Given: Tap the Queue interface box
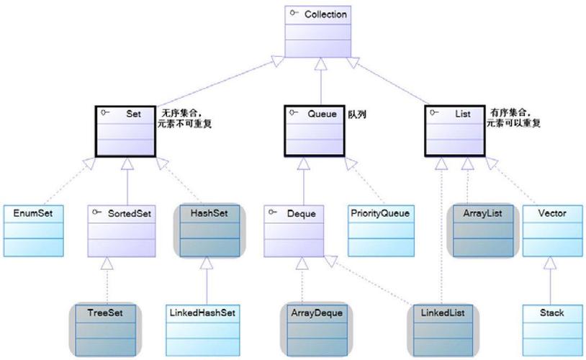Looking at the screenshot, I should pyautogui.click(x=315, y=130).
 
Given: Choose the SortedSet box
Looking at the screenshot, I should pyautogui.click(x=122, y=230).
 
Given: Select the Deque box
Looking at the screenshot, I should pyautogui.click(x=294, y=230).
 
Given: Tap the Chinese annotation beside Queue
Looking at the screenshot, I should pyautogui.click(x=357, y=114).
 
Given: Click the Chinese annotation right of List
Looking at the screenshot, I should pyautogui.click(x=515, y=118).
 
